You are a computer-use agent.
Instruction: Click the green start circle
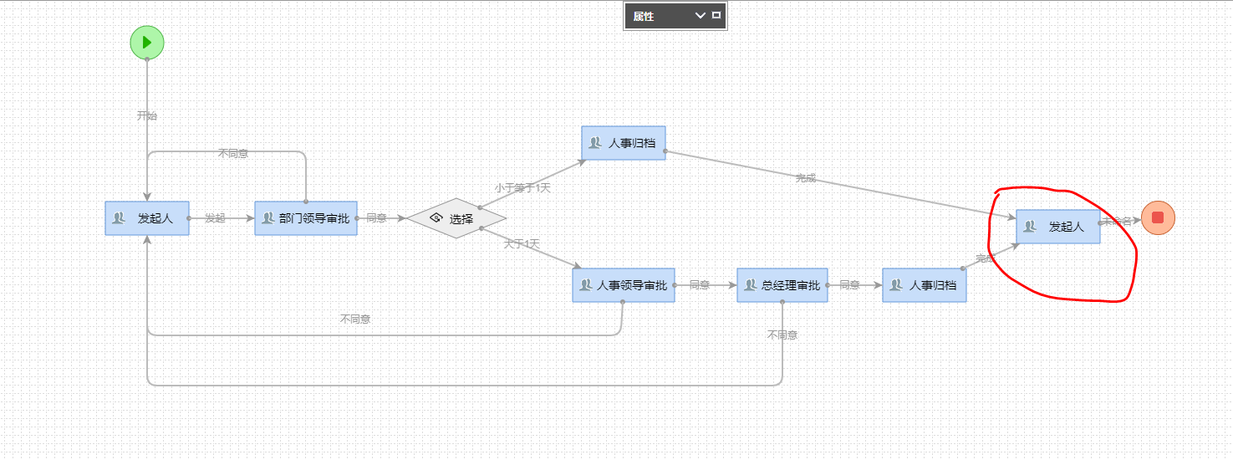click(x=147, y=43)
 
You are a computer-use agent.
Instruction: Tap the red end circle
click(x=1158, y=218)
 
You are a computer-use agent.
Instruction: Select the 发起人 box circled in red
click(x=1057, y=227)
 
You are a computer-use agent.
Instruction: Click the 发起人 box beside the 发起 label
click(x=147, y=218)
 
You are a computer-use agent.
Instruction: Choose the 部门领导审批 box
click(x=306, y=218)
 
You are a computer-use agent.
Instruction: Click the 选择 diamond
click(x=456, y=218)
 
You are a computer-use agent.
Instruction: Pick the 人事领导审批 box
click(x=624, y=285)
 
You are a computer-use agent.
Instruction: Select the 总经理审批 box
click(x=782, y=285)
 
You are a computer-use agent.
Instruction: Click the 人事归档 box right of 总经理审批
click(x=925, y=285)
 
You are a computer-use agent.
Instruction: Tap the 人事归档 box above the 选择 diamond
click(x=624, y=143)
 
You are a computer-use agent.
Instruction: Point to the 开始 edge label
click(x=147, y=115)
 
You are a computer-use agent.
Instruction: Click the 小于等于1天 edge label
click(x=522, y=188)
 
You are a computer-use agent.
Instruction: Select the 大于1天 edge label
click(x=522, y=244)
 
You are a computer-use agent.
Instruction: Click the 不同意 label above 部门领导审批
click(x=233, y=153)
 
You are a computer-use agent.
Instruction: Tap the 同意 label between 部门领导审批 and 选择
click(x=376, y=218)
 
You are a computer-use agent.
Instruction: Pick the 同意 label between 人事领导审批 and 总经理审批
click(x=700, y=285)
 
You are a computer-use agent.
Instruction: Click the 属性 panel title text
click(x=644, y=16)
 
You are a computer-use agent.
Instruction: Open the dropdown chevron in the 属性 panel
click(x=701, y=16)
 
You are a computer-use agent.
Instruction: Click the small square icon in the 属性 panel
click(x=716, y=15)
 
